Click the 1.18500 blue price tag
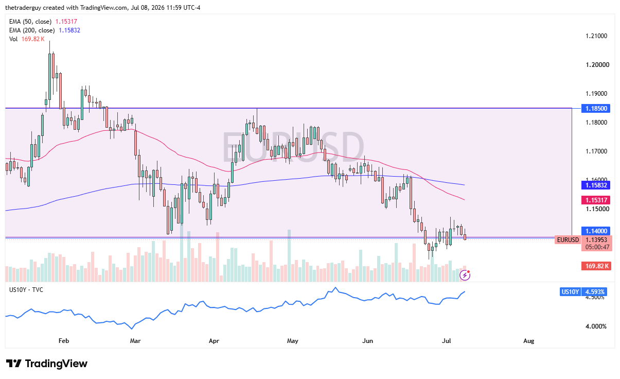(596, 108)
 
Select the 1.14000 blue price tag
(596, 231)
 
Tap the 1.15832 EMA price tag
(596, 185)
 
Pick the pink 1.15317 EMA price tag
(596, 200)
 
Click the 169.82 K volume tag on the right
(596, 266)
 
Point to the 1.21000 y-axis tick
(596, 36)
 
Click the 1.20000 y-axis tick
(597, 64)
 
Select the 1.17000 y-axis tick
(596, 151)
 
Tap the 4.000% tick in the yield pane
(596, 326)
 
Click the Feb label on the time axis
(64, 341)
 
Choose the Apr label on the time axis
(214, 341)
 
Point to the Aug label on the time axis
(528, 341)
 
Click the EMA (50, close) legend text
(30, 22)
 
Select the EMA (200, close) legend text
(32, 30)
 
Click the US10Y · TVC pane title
(26, 290)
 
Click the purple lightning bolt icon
(465, 275)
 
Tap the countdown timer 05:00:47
(597, 247)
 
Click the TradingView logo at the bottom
(47, 364)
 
